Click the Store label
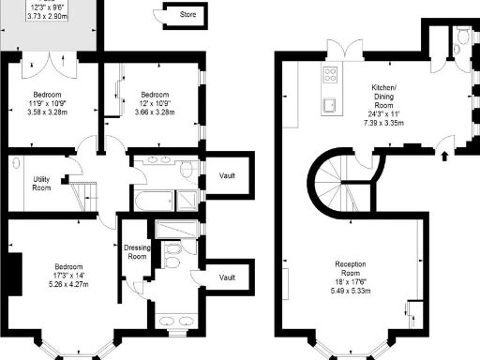[x=188, y=15]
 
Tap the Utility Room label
[x=41, y=183]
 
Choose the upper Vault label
[x=226, y=175]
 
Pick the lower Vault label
[x=226, y=277]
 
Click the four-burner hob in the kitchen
[x=332, y=74]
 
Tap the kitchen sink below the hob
[x=331, y=102]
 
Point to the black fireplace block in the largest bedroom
[x=11, y=273]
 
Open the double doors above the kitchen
[x=339, y=51]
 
